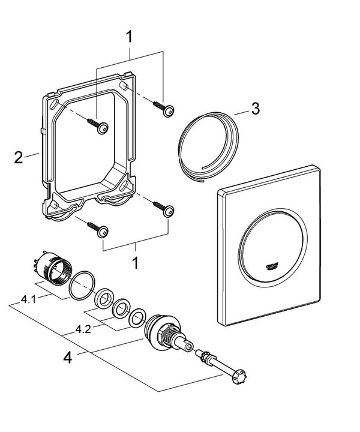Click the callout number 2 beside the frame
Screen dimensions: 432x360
(x=19, y=158)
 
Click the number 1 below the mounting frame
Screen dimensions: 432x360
(x=136, y=263)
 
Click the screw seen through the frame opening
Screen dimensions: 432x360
(x=98, y=124)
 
